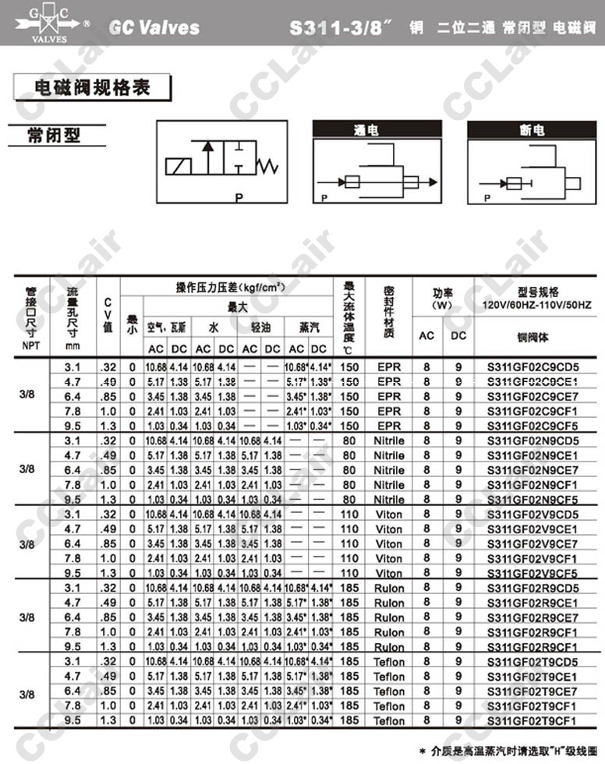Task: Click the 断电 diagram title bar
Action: [x=527, y=130]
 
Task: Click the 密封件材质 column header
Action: [x=389, y=313]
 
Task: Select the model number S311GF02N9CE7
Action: [x=532, y=470]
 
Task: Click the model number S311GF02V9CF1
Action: [x=532, y=558]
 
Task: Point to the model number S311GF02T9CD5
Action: [x=532, y=662]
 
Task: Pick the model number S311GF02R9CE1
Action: [x=532, y=603]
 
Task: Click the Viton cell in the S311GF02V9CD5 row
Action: [x=389, y=515]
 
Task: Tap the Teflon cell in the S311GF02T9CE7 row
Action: [x=389, y=691]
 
